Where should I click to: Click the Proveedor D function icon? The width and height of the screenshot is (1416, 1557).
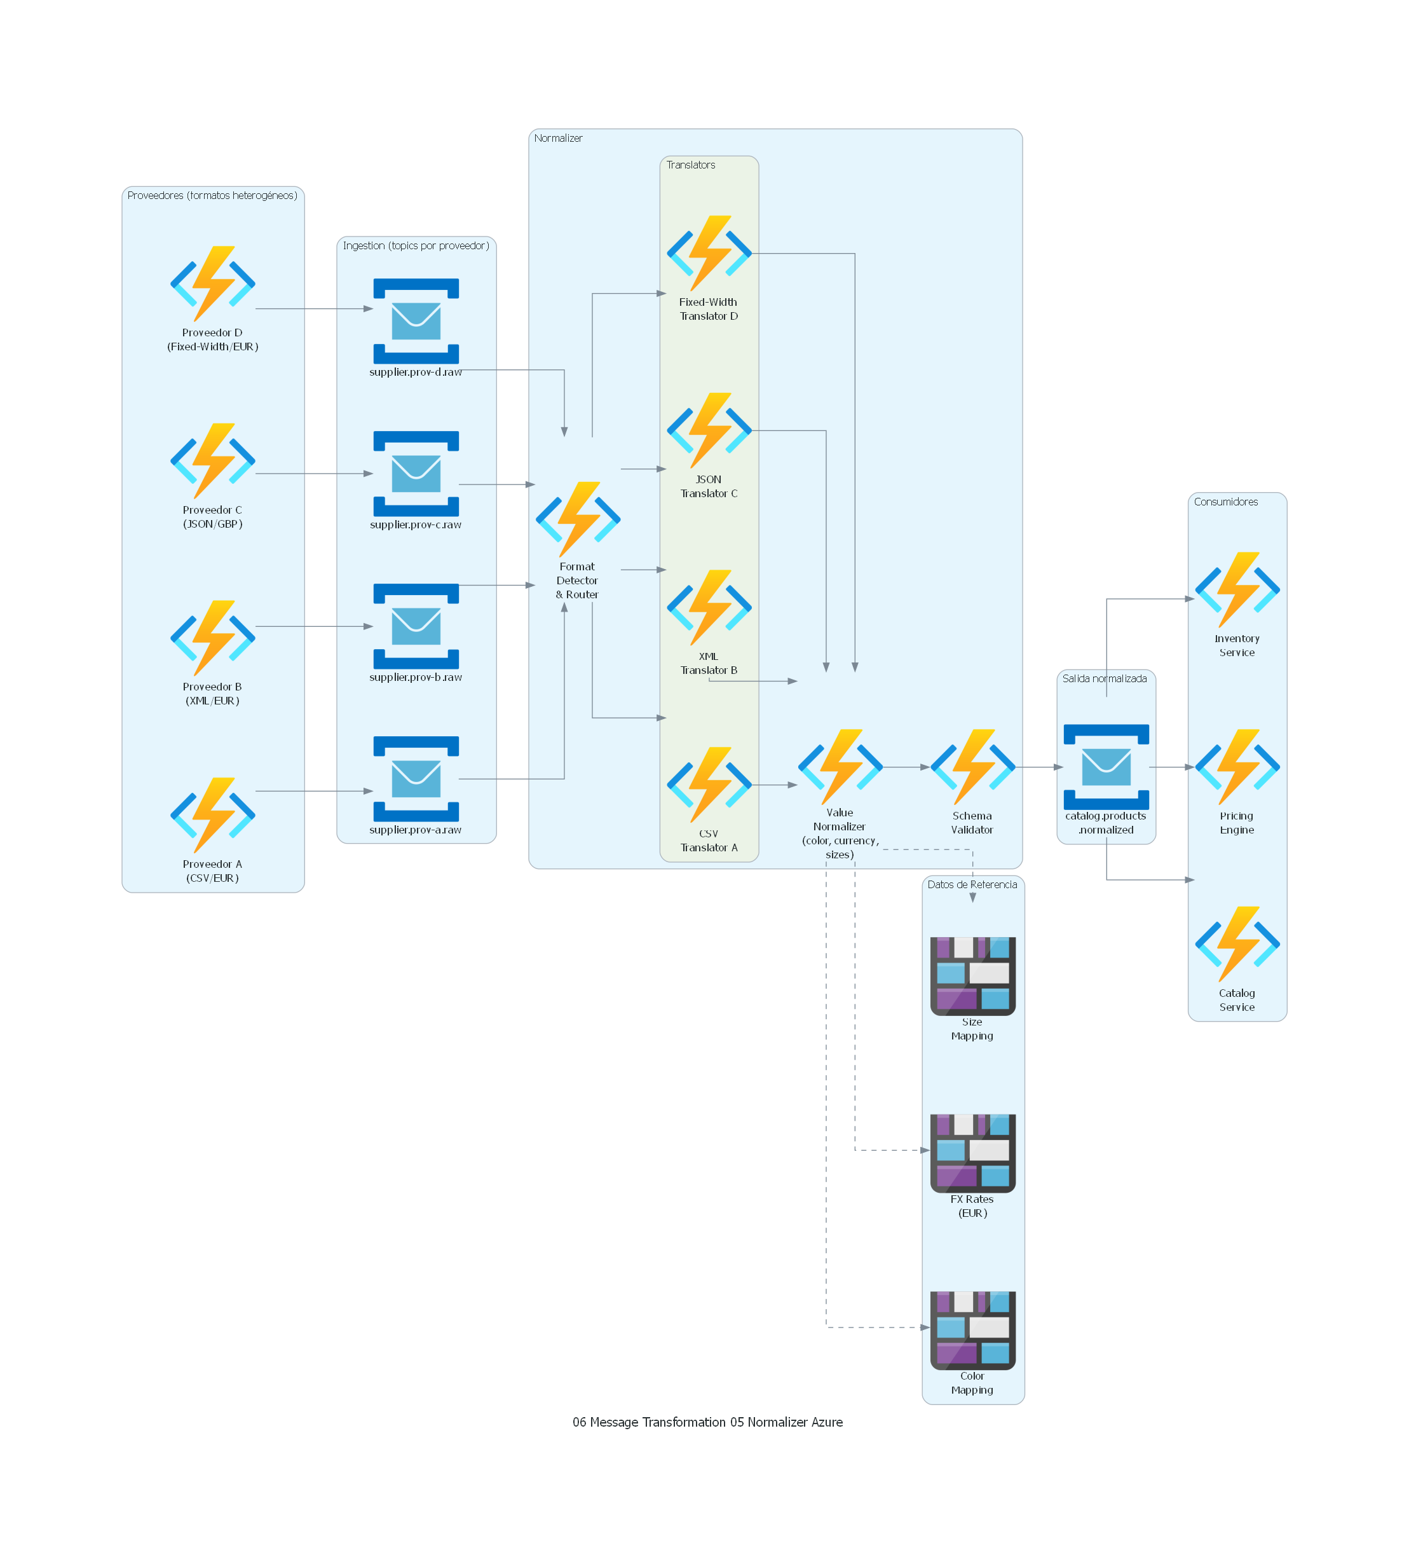212,284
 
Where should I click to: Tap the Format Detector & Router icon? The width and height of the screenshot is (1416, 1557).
578,519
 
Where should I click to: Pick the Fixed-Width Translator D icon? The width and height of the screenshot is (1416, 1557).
709,253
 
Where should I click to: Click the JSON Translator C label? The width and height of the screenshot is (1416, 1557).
709,486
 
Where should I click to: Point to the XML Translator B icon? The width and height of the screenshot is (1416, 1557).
709,607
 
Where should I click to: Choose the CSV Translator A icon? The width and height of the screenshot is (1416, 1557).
709,784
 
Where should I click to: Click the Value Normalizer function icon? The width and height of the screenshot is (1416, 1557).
840,766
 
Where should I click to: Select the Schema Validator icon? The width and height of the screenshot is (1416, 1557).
972,766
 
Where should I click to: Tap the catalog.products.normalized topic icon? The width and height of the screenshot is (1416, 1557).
1106,766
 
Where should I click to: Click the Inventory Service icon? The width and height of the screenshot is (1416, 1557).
1237,589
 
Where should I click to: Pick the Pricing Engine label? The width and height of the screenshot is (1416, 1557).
1236,823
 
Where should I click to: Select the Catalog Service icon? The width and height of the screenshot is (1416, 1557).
1237,943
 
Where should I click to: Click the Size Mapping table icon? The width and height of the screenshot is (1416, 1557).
972,975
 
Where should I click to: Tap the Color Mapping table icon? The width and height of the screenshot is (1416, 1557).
972,1329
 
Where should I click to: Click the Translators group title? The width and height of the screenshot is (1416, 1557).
690,165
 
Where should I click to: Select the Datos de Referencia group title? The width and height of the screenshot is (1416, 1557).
972,884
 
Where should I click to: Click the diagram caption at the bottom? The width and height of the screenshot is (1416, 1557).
707,1422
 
